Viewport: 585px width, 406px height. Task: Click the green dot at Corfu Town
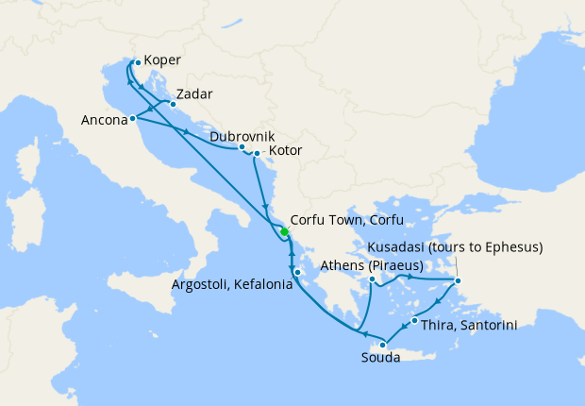pos(284,231)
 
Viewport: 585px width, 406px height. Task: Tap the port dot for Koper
pos(137,63)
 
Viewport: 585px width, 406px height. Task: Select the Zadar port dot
pos(172,105)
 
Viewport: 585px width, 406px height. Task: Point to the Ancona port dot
pos(133,118)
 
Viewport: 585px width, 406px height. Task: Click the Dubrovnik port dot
pos(242,147)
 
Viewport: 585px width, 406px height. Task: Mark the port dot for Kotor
pos(257,152)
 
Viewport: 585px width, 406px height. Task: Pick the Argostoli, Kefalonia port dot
pos(296,273)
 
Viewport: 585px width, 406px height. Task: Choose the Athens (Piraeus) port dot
pos(374,279)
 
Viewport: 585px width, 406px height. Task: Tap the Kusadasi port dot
pos(458,280)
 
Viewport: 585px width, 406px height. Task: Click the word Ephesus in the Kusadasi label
pos(513,248)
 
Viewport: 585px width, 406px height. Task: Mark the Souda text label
pos(382,360)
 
